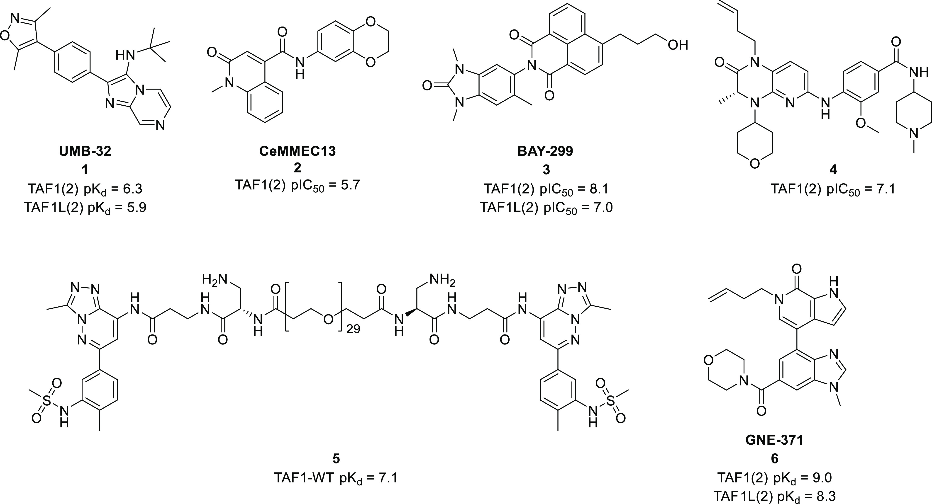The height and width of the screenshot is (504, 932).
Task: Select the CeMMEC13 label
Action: [297, 151]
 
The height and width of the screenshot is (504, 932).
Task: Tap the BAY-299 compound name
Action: [546, 151]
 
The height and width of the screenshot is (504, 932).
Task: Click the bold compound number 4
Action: [833, 170]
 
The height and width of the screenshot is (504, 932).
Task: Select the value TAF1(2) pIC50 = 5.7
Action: [297, 185]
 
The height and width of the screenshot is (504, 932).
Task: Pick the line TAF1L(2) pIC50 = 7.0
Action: [546, 208]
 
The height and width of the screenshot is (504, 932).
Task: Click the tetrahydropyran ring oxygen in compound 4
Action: [755, 164]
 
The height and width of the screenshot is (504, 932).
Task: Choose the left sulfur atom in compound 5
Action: [47, 400]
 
